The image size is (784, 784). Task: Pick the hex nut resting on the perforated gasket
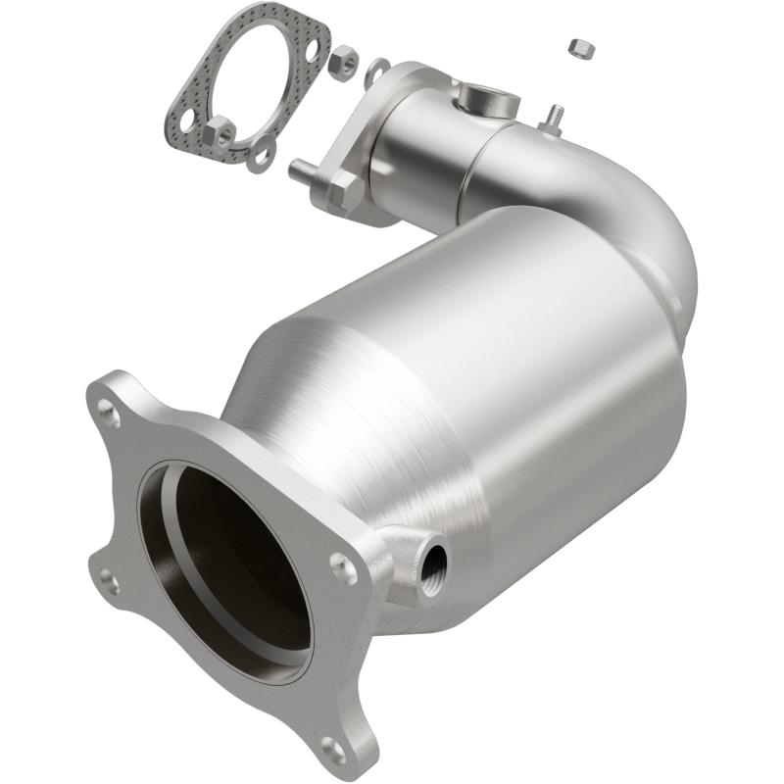click(x=220, y=130)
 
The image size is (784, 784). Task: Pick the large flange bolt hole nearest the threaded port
click(x=340, y=563)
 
